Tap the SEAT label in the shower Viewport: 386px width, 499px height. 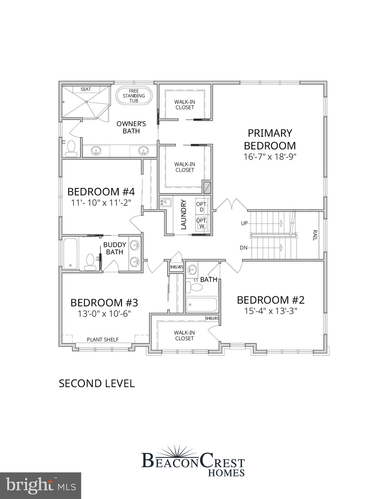pyautogui.click(x=86, y=89)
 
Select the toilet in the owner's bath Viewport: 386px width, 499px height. pyautogui.click(x=71, y=149)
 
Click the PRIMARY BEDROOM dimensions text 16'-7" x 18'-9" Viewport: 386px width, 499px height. pyautogui.click(x=270, y=157)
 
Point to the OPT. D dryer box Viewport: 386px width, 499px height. pyautogui.click(x=202, y=207)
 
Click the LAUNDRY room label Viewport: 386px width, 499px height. pyautogui.click(x=183, y=215)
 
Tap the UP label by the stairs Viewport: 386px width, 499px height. pyautogui.click(x=244, y=223)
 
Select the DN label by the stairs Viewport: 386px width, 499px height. pyautogui.click(x=244, y=248)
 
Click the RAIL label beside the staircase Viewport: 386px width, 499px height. pyautogui.click(x=315, y=235)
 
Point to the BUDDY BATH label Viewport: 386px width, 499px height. pyautogui.click(x=114, y=248)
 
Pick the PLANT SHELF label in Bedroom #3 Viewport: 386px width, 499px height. pyautogui.click(x=103, y=339)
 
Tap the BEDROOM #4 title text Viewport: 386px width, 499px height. pyautogui.click(x=101, y=191)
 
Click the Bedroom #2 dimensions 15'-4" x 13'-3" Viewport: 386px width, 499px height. pyautogui.click(x=271, y=311)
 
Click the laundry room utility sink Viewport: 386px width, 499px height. pyautogui.click(x=165, y=203)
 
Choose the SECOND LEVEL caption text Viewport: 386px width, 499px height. pyautogui.click(x=97, y=383)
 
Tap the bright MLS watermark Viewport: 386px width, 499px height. pyautogui.click(x=41, y=485)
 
